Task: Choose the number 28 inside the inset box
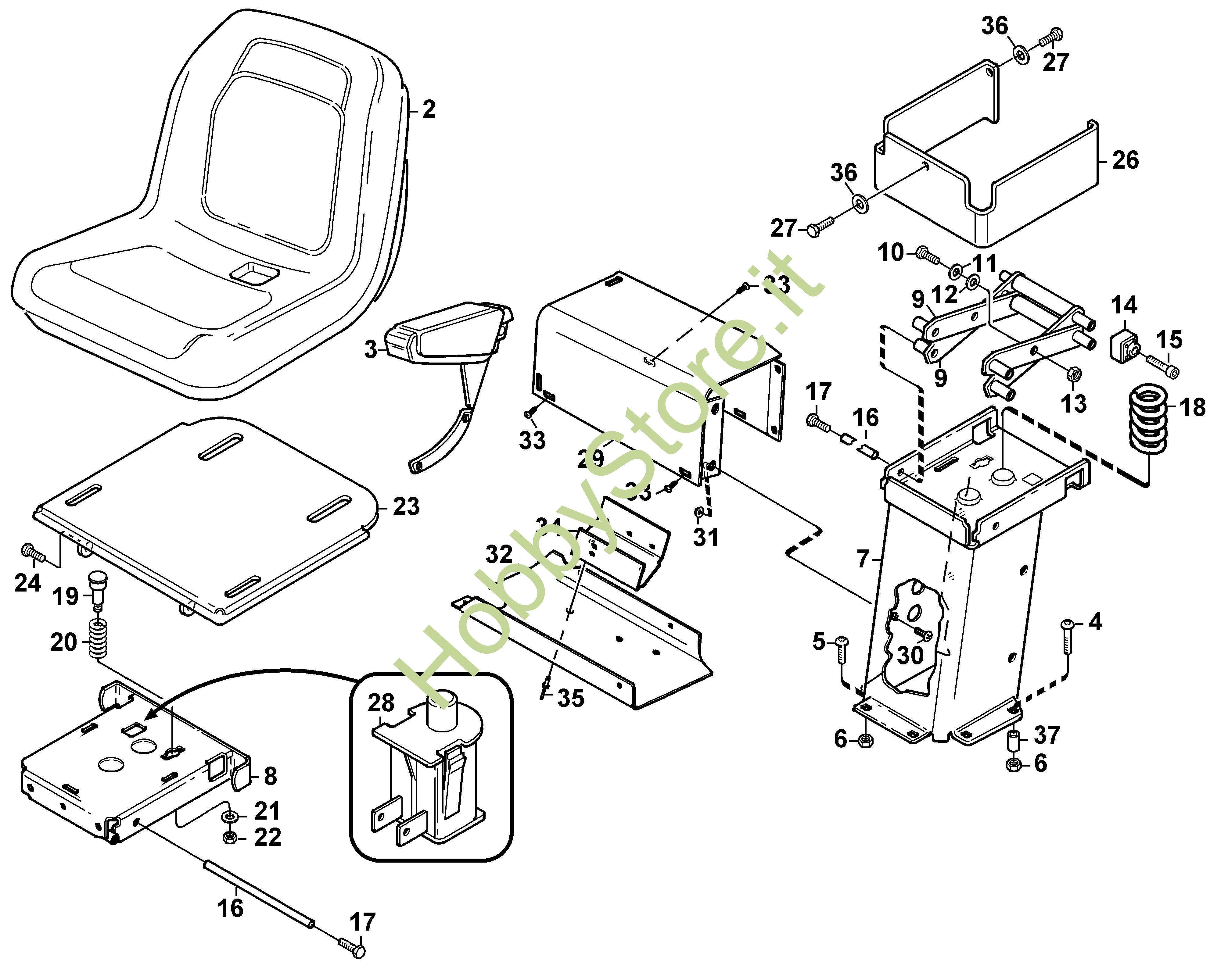coord(381,703)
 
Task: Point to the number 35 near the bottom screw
coord(570,698)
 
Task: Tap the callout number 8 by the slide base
coord(271,776)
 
